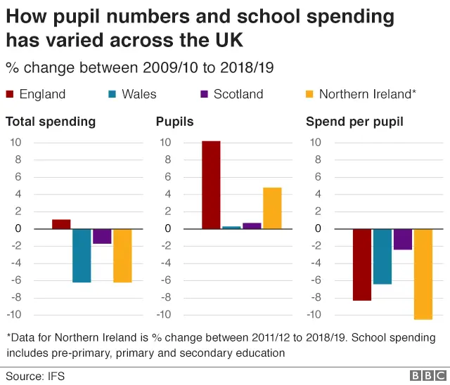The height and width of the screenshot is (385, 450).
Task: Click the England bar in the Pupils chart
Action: coord(211,185)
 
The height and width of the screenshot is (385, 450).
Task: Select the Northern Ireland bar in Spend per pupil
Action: coord(423,274)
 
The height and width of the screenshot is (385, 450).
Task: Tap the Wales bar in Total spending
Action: coord(82,256)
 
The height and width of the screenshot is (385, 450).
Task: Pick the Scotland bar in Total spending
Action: coord(102,236)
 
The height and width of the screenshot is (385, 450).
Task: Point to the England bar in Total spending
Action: coord(61,224)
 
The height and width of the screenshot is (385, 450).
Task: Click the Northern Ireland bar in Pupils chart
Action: coord(272,208)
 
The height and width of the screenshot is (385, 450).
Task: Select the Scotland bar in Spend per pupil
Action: coord(402,239)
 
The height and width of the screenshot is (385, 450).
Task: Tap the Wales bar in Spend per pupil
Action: coord(382,256)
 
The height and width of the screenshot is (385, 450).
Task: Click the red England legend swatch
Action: coord(10,94)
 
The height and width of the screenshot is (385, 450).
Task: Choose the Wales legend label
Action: coord(139,94)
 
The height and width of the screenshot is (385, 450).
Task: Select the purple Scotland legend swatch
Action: coord(205,94)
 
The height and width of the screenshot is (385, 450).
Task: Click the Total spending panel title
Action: coord(51,122)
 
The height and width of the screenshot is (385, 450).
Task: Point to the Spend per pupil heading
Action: coord(354,122)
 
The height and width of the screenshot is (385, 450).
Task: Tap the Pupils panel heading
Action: coord(174,122)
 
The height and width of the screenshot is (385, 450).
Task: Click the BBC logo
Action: coord(425,376)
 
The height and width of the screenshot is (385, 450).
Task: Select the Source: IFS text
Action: coord(35,376)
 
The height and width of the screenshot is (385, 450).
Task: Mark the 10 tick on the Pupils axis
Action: coord(166,142)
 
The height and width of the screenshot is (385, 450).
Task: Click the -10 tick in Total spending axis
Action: coord(14,315)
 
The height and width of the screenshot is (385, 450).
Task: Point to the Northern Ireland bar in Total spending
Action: coord(122,256)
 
